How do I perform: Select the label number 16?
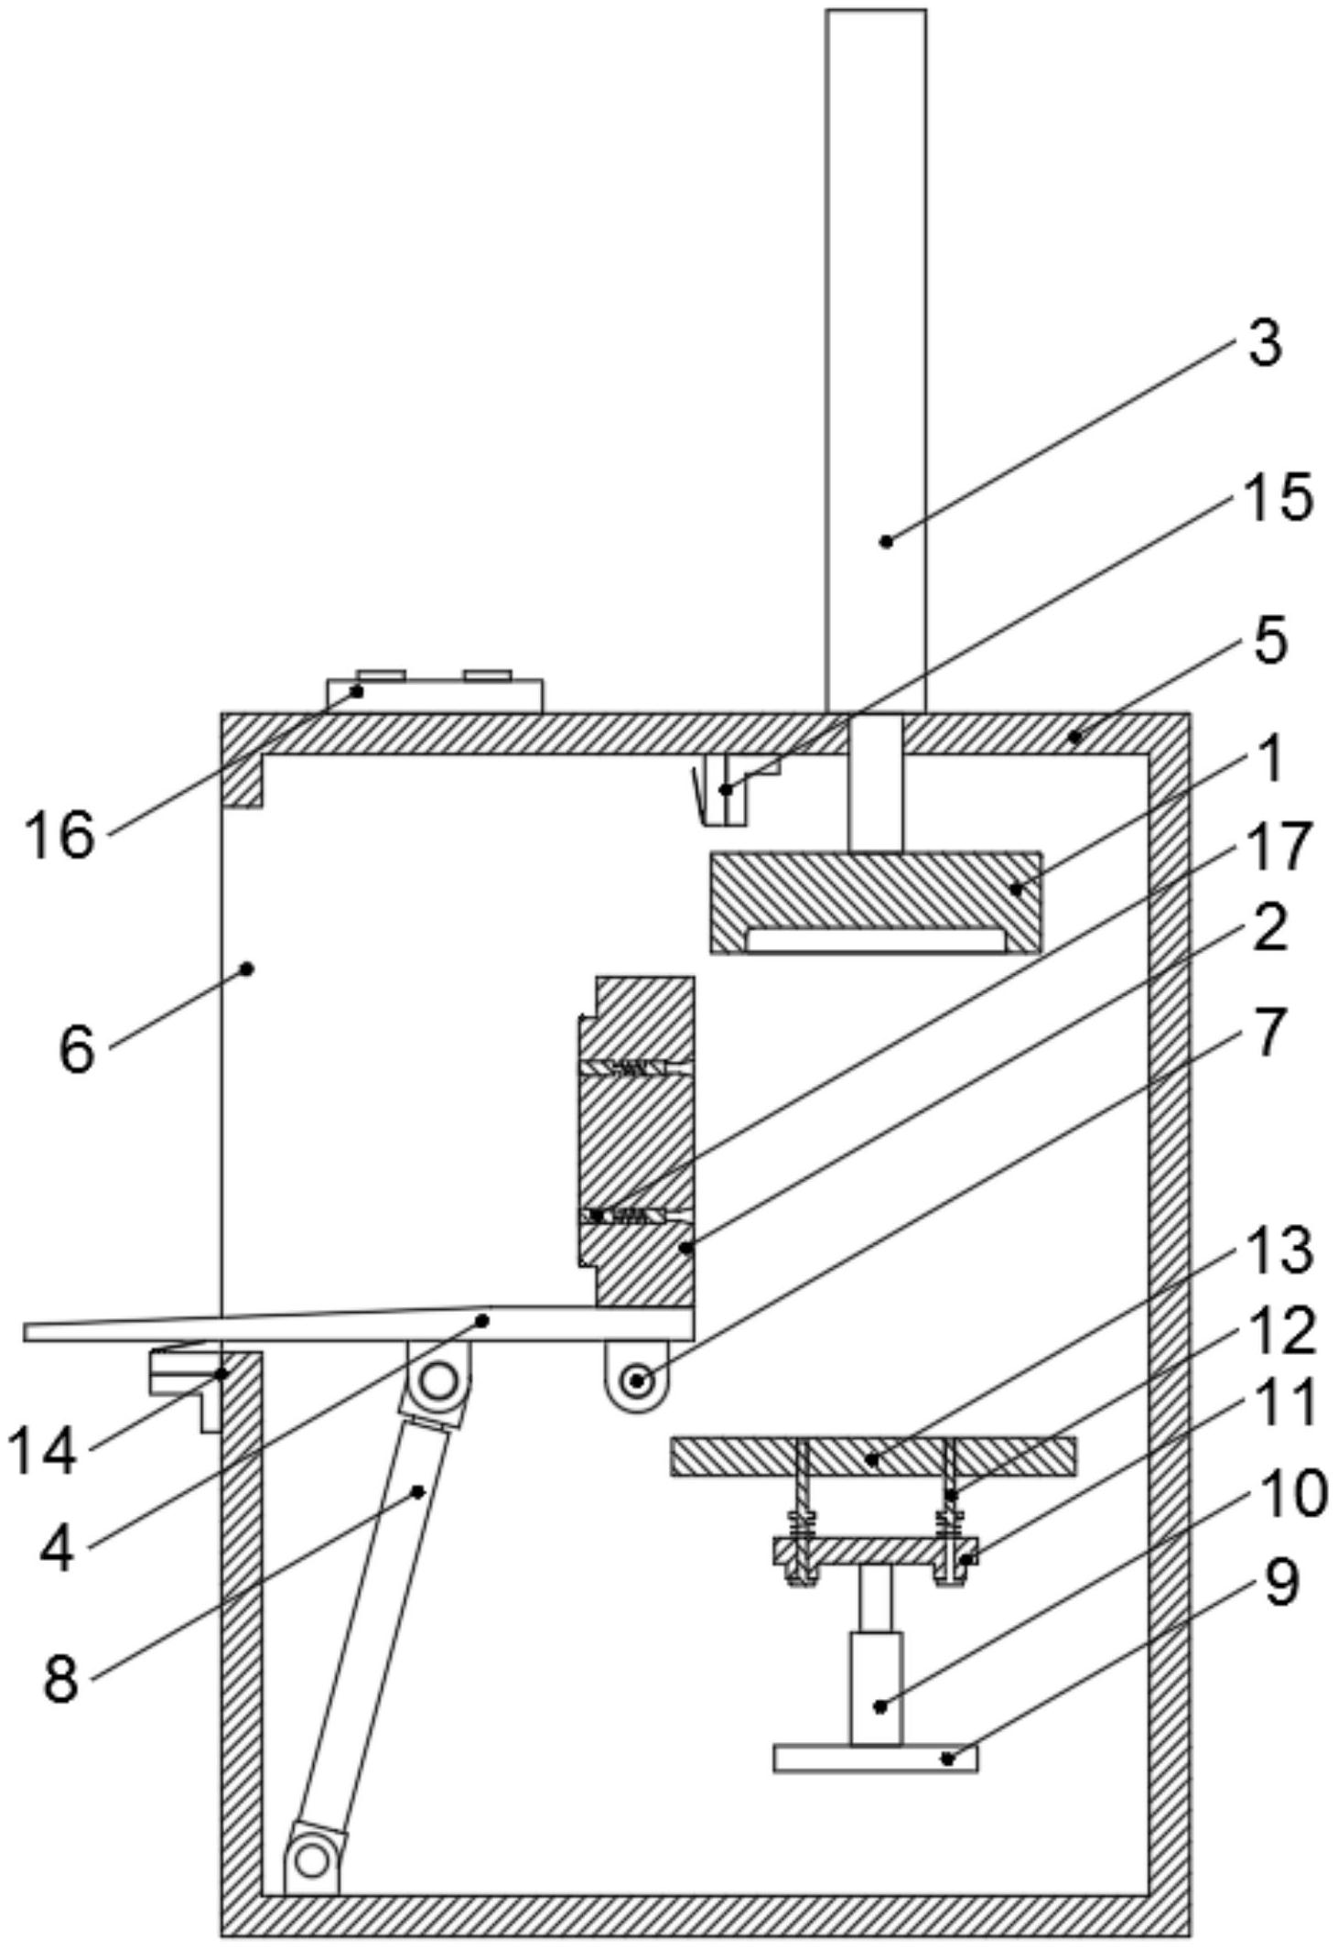click(60, 834)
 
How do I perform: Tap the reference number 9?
click(1280, 1582)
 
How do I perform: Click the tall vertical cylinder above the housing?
click(875, 357)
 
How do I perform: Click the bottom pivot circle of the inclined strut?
click(312, 1858)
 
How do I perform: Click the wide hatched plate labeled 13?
click(872, 1456)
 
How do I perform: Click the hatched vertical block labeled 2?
click(644, 1135)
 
